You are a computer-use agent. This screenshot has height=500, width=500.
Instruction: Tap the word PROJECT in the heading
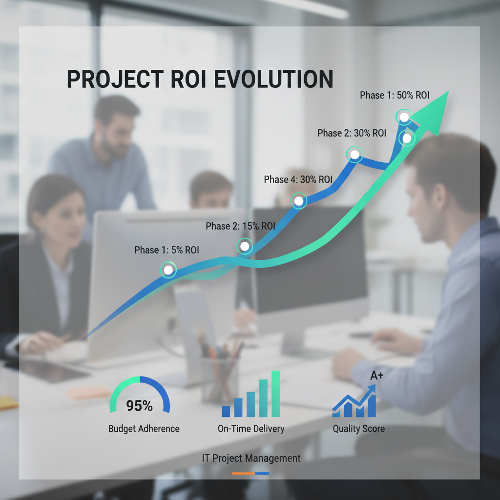pyautogui.click(x=111, y=80)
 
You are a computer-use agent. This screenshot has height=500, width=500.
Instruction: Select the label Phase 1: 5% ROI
pyautogui.click(x=167, y=250)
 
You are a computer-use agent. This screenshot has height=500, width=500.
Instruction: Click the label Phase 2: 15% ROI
pyautogui.click(x=240, y=226)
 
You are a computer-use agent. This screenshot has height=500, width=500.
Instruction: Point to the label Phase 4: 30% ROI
pyautogui.click(x=298, y=180)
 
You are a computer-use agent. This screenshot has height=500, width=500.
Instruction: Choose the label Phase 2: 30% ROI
pyautogui.click(x=352, y=133)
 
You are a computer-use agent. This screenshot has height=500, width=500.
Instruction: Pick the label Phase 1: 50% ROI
pyautogui.click(x=395, y=95)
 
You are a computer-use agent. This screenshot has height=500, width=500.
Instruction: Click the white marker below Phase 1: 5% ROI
pyautogui.click(x=168, y=269)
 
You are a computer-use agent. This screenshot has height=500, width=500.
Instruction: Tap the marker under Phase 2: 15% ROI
pyautogui.click(x=245, y=246)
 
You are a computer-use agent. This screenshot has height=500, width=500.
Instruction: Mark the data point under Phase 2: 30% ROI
pyautogui.click(x=355, y=155)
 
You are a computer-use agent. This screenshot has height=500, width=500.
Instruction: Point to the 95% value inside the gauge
pyautogui.click(x=140, y=406)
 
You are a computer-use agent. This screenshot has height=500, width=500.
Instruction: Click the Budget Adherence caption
pyautogui.click(x=144, y=429)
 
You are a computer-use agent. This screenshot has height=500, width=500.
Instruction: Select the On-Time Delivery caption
pyautogui.click(x=251, y=429)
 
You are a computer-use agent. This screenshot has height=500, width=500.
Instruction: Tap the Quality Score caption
pyautogui.click(x=358, y=429)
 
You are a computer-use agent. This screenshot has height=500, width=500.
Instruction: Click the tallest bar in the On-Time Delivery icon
pyautogui.click(x=275, y=394)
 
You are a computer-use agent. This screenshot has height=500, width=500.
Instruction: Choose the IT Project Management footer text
pyautogui.click(x=251, y=458)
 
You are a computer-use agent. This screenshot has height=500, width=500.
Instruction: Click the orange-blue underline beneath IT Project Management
pyautogui.click(x=251, y=473)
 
